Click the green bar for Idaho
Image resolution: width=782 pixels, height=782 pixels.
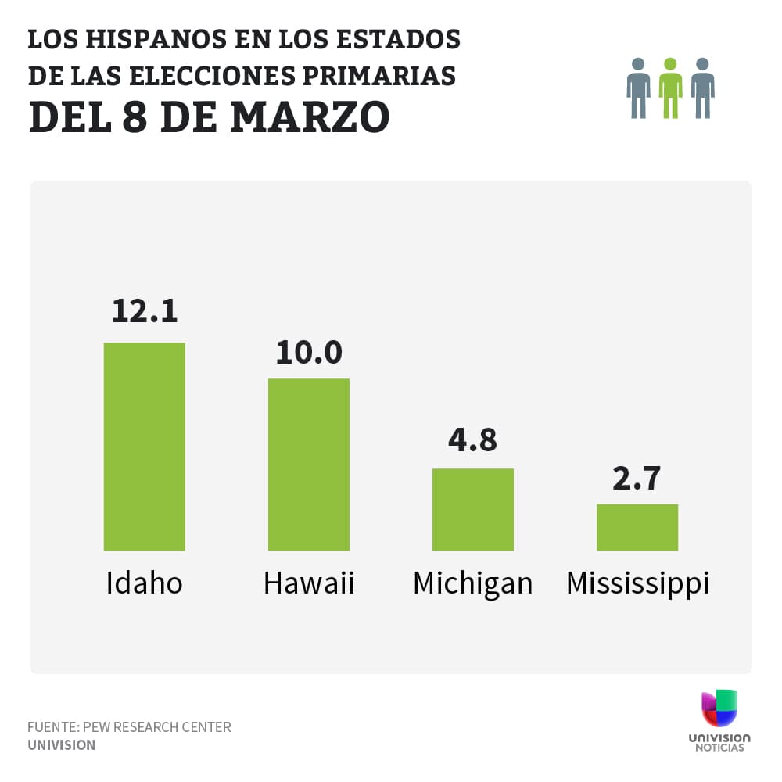pos(145,446)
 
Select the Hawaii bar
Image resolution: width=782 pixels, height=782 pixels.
pos(309,464)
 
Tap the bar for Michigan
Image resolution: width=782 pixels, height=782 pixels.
pos(473,509)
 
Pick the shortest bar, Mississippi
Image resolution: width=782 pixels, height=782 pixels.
pos(637,527)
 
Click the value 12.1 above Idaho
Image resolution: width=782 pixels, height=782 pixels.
pos(145,310)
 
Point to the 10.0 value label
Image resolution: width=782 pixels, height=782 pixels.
pos(309,352)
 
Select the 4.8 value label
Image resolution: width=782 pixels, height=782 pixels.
pos(472,439)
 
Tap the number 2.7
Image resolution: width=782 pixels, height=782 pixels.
pos(637,477)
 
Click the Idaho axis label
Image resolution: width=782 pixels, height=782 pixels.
pos(145,583)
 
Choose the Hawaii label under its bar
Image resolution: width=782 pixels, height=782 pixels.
pos(309,583)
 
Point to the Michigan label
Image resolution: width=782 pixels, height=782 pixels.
pos(472,583)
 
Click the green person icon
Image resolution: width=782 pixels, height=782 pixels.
pos(670,88)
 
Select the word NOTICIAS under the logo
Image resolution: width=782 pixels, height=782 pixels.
pos(719,748)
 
